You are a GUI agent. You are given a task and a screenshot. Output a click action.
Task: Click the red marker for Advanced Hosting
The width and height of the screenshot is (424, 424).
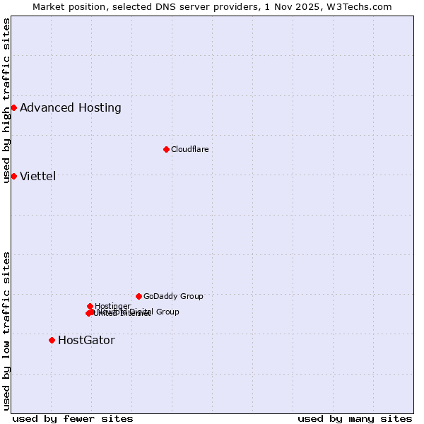[x=13, y=107]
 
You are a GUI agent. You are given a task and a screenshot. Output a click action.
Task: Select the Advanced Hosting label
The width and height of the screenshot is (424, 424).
[x=71, y=108]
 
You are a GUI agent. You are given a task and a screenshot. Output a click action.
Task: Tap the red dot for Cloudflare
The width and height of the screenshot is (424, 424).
[x=166, y=149]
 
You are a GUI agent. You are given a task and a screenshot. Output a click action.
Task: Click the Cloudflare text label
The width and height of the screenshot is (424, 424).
[x=189, y=149]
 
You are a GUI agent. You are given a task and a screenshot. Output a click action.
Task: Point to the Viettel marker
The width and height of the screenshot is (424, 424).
[x=13, y=176]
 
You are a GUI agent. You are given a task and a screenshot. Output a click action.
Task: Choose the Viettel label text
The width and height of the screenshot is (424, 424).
[x=37, y=177]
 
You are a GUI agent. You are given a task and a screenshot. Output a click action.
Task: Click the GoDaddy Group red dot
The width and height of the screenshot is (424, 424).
[x=139, y=296]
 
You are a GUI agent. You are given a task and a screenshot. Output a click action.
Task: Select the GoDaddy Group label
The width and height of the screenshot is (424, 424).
[x=173, y=296]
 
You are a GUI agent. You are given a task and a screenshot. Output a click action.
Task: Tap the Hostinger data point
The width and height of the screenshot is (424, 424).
[x=90, y=306]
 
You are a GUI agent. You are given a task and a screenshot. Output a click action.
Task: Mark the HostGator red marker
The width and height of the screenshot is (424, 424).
[x=52, y=340]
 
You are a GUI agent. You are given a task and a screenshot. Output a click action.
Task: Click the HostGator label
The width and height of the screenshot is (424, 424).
[x=86, y=341]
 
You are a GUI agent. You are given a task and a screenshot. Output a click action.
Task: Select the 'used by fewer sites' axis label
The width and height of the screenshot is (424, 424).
[x=73, y=418]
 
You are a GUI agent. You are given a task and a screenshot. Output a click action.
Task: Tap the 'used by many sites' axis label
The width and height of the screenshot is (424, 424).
[x=355, y=418]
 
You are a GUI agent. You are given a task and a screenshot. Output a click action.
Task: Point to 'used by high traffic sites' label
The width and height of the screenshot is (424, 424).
[x=6, y=100]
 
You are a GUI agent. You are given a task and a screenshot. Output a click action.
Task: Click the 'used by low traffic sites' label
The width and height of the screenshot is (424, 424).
[x=6, y=330]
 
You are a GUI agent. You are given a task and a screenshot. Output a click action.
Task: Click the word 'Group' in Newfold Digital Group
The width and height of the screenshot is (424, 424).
[x=167, y=312]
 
